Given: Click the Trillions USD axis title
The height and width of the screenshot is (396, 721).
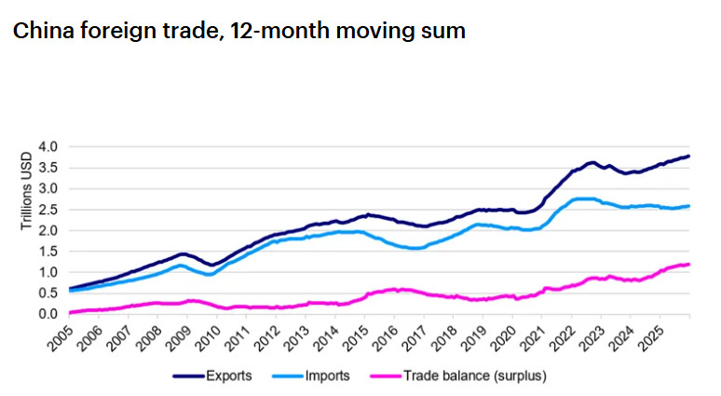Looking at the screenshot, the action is tap(27, 191).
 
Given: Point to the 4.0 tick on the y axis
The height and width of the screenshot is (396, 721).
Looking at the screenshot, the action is tap(48, 147).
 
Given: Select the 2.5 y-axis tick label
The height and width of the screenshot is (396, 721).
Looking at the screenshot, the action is tap(48, 210).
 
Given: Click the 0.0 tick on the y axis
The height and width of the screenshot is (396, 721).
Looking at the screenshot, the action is tap(48, 314).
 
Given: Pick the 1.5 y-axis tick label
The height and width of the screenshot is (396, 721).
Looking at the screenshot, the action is tap(48, 252).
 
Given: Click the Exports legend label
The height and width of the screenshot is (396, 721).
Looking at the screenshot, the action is tap(228, 376).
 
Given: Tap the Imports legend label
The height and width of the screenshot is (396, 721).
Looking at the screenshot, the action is tap(327, 376).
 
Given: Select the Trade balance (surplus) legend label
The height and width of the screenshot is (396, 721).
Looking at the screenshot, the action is tap(475, 376).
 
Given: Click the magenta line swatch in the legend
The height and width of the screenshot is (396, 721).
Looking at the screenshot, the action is tap(386, 376).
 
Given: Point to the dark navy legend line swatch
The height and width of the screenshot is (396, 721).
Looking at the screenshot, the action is tap(188, 376).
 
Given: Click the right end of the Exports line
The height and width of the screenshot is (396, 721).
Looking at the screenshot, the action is tap(688, 157).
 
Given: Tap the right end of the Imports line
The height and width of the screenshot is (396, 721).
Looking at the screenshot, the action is tap(688, 206).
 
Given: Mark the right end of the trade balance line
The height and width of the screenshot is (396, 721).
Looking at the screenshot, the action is tap(688, 264).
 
